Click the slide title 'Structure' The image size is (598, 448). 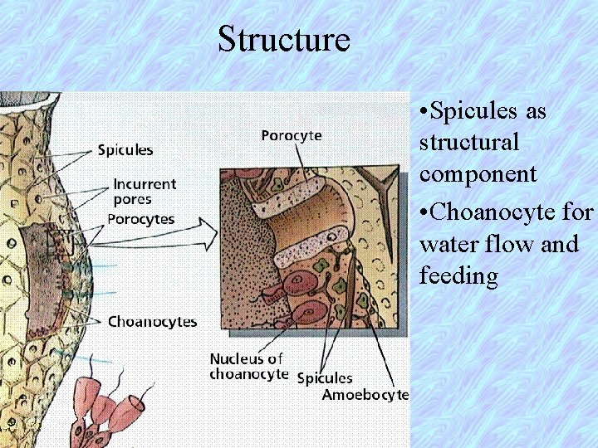click(284, 39)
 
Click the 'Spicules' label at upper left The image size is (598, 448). click(125, 150)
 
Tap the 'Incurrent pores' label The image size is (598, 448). click(145, 192)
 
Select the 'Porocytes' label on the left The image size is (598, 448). click(141, 219)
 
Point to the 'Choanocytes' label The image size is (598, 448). click(152, 321)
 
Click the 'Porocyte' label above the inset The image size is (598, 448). click(292, 135)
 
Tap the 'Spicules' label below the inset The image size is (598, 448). click(325, 378)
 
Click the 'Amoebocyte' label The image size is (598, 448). click(365, 395)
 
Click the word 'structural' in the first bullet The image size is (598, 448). click(469, 142)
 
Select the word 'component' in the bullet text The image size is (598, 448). click(478, 174)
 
